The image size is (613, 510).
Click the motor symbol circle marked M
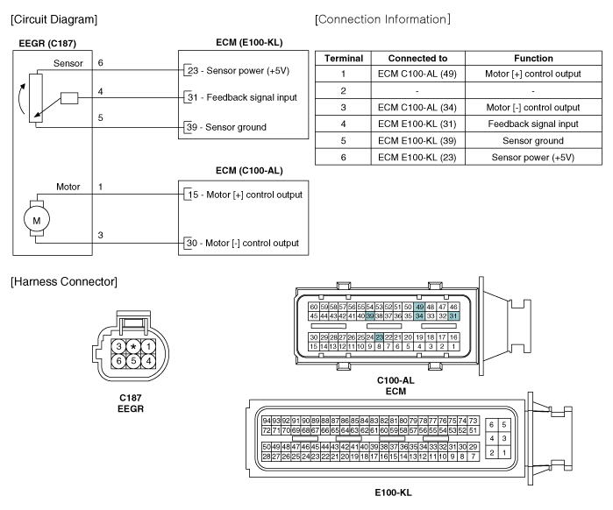[37, 220]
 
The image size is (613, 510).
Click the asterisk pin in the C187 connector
[133, 346]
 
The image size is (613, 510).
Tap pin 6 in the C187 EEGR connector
[119, 361]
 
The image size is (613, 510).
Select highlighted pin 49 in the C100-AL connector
[419, 307]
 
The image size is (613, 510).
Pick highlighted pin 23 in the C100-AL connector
[379, 337]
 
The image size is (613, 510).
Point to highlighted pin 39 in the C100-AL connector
[370, 316]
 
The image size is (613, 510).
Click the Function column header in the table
[533, 58]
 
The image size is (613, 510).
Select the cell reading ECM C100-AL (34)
[417, 108]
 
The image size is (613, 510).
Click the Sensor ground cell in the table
[533, 140]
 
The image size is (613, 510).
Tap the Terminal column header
[344, 58]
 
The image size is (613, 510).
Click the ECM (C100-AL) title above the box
[249, 171]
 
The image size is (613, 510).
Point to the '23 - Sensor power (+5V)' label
[239, 71]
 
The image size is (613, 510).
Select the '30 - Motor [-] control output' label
[243, 243]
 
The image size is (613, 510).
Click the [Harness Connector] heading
[64, 281]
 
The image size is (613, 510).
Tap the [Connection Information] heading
[382, 19]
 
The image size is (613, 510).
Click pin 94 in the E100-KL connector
[267, 421]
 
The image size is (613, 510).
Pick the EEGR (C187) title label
[47, 43]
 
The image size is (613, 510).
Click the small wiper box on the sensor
[69, 98]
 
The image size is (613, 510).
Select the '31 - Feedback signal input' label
[242, 97]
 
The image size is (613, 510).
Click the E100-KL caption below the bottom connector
[393, 492]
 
